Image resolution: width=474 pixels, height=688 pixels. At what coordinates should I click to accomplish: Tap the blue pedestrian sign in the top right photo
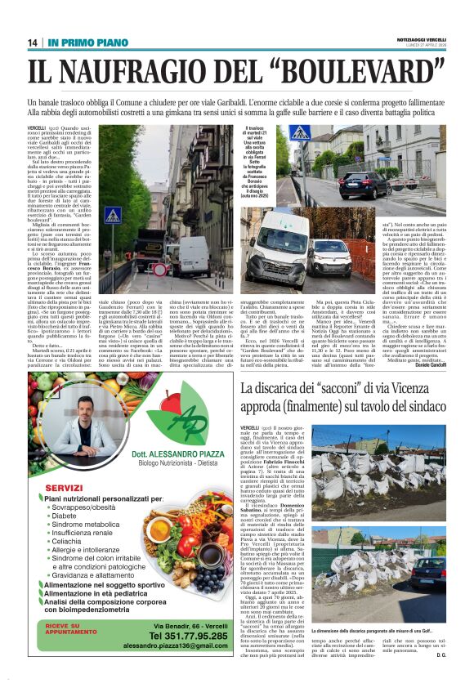tap(299, 132)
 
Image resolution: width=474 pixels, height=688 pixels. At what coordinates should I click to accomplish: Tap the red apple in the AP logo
tap(172, 404)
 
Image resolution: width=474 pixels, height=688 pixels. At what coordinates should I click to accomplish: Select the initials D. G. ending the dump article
tap(440, 654)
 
